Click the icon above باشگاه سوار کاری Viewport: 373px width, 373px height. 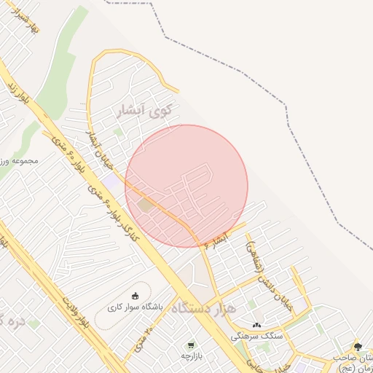[x=136, y=295]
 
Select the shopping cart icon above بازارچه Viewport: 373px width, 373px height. [x=191, y=344]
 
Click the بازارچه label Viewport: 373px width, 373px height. [x=190, y=356]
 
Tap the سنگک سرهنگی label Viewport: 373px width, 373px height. [x=256, y=337]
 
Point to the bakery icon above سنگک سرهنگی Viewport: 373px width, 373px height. [x=256, y=324]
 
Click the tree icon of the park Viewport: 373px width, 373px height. [x=357, y=347]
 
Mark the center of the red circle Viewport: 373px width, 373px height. [x=186, y=186]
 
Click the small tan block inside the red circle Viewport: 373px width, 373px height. [x=146, y=205]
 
